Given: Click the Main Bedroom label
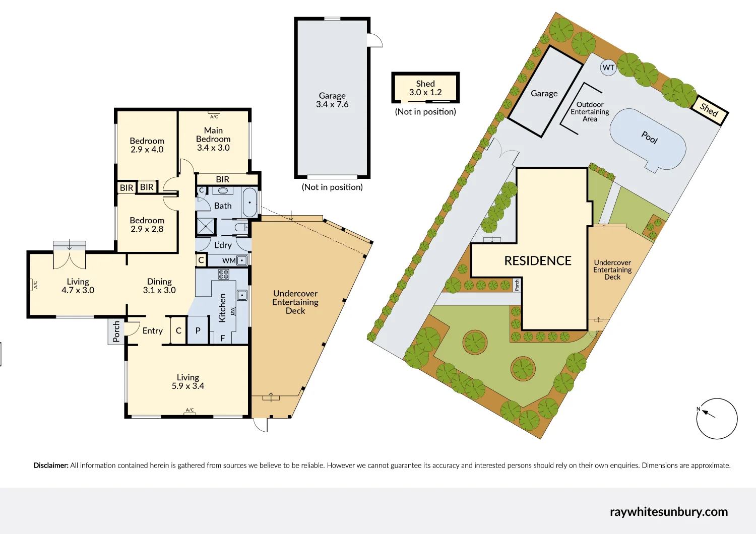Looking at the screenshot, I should tap(213, 139).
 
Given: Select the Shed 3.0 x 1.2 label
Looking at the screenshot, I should tap(425, 88).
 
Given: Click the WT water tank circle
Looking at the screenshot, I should tap(608, 68).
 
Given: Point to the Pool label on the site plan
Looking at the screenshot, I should tap(649, 137).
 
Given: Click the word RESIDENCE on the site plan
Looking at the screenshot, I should tap(538, 260).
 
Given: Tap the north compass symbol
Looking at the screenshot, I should tap(717, 419).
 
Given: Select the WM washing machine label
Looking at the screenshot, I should tap(228, 260).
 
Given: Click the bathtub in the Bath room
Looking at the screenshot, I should tap(249, 203).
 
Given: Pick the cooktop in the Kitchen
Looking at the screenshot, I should tap(224, 274).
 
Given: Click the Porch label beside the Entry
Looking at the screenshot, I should tap(116, 331).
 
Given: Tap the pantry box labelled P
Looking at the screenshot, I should tap(198, 331).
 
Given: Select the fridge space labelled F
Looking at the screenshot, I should tap(222, 339).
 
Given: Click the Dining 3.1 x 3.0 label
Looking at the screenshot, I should tap(159, 286).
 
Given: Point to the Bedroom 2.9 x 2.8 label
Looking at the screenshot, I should tap(147, 225).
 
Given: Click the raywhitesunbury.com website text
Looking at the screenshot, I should tap(668, 512).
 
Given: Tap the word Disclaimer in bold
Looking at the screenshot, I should tap(51, 465).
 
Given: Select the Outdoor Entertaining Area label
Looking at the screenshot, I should tap(590, 112).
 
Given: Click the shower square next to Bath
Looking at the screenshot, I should tap(206, 227).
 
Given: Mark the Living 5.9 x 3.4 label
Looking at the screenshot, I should tap(187, 381).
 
